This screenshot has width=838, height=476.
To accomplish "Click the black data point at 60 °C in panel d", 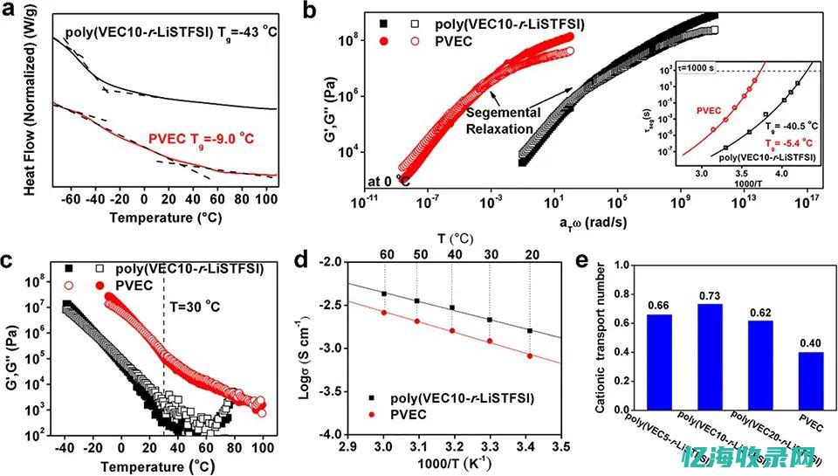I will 384,293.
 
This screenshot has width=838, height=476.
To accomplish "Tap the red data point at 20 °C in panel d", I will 531,355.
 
